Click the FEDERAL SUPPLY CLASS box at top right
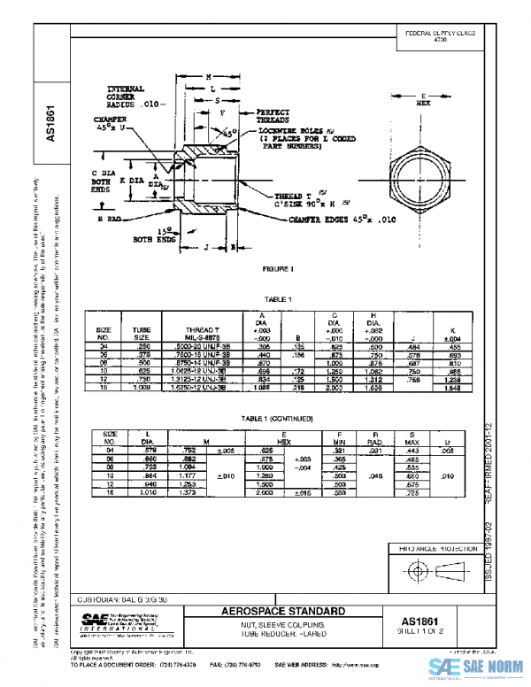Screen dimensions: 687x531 [x=440, y=36]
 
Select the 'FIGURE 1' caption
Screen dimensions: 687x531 [x=278, y=267]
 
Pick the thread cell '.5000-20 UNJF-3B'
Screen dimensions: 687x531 [x=207, y=348]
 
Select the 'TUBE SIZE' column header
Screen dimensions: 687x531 [x=142, y=334]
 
